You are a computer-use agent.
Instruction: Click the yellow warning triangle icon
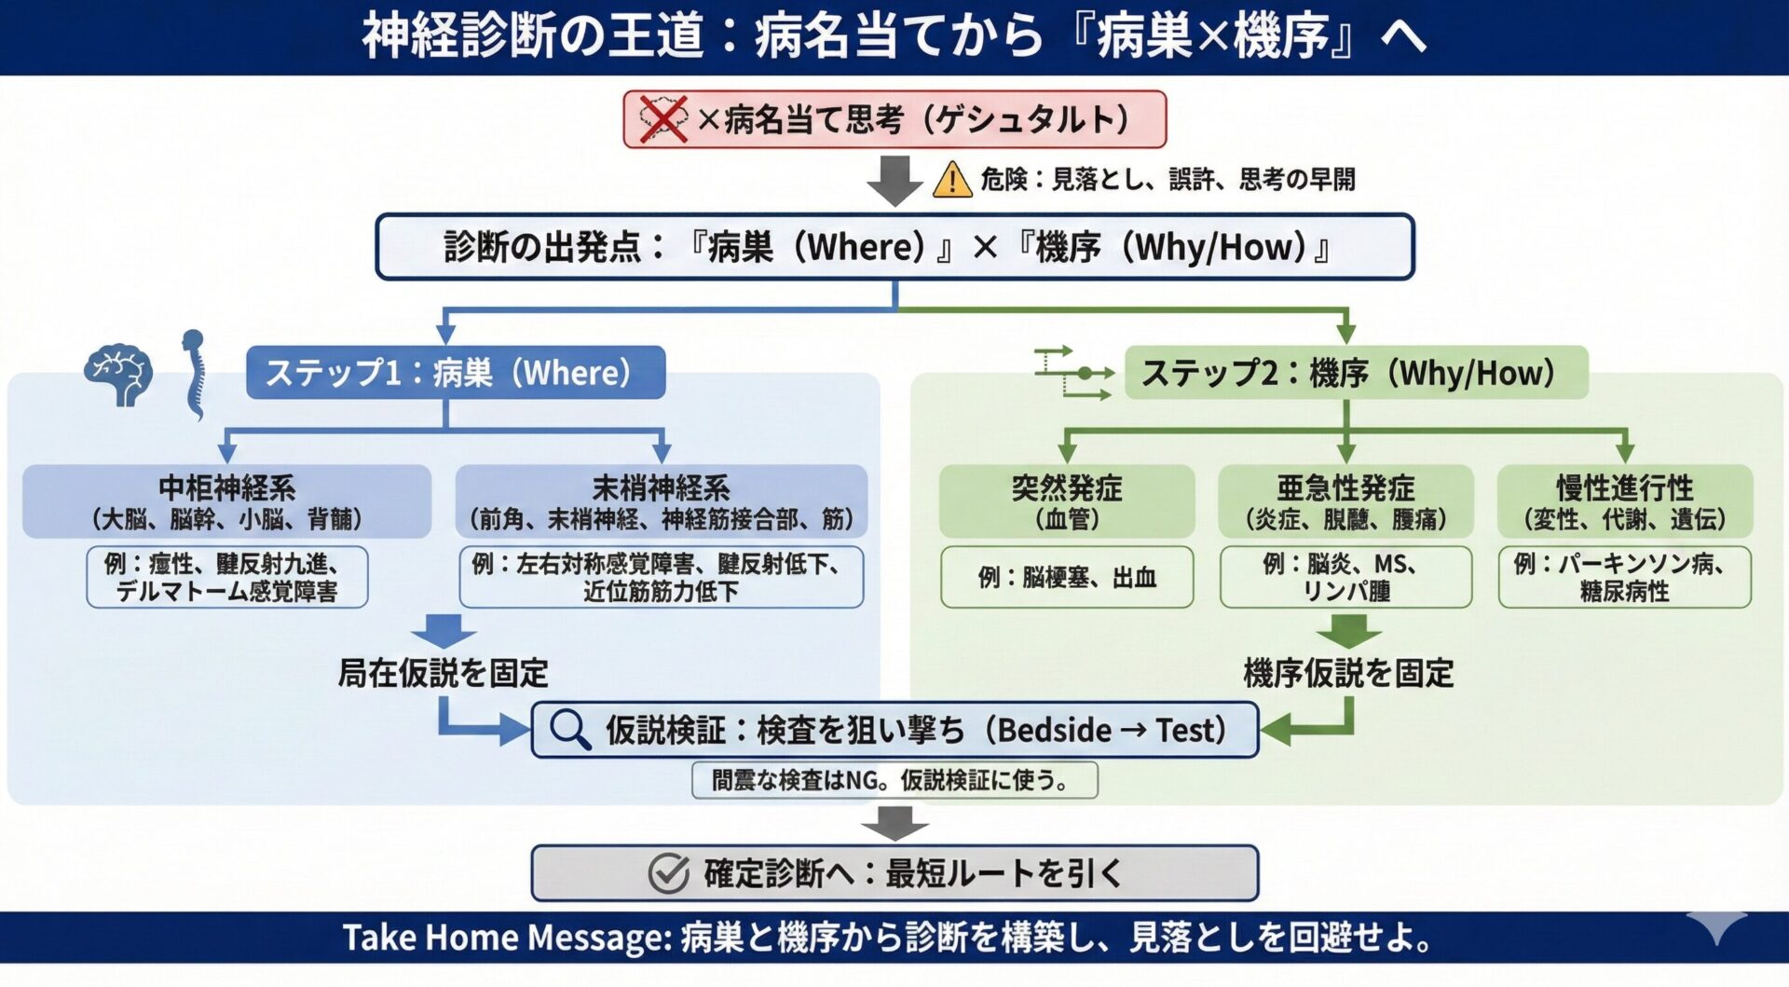[952, 179]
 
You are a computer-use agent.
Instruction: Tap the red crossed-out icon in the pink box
[662, 119]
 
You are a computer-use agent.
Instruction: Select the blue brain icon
[119, 375]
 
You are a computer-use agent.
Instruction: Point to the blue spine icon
[193, 375]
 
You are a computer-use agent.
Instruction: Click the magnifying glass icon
[569, 730]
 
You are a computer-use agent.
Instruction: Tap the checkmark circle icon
[668, 873]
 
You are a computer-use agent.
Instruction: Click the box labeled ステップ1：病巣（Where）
[456, 373]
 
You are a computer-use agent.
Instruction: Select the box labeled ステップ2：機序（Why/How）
[1356, 373]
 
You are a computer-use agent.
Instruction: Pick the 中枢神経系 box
[226, 501]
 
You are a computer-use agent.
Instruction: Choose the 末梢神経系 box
[661, 501]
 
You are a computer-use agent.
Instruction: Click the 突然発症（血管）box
[1067, 501]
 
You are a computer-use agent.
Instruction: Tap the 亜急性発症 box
[1345, 501]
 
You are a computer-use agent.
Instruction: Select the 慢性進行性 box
[1624, 501]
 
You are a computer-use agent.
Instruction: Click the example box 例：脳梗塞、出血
[1067, 578]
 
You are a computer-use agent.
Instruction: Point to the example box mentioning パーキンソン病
[1624, 578]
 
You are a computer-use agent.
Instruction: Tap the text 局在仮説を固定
[443, 673]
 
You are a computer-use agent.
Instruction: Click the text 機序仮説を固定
[1348, 673]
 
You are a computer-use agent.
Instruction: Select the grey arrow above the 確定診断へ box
[894, 823]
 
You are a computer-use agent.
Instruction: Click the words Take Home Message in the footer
[507, 938]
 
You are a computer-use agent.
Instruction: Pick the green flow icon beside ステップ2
[1074, 374]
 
